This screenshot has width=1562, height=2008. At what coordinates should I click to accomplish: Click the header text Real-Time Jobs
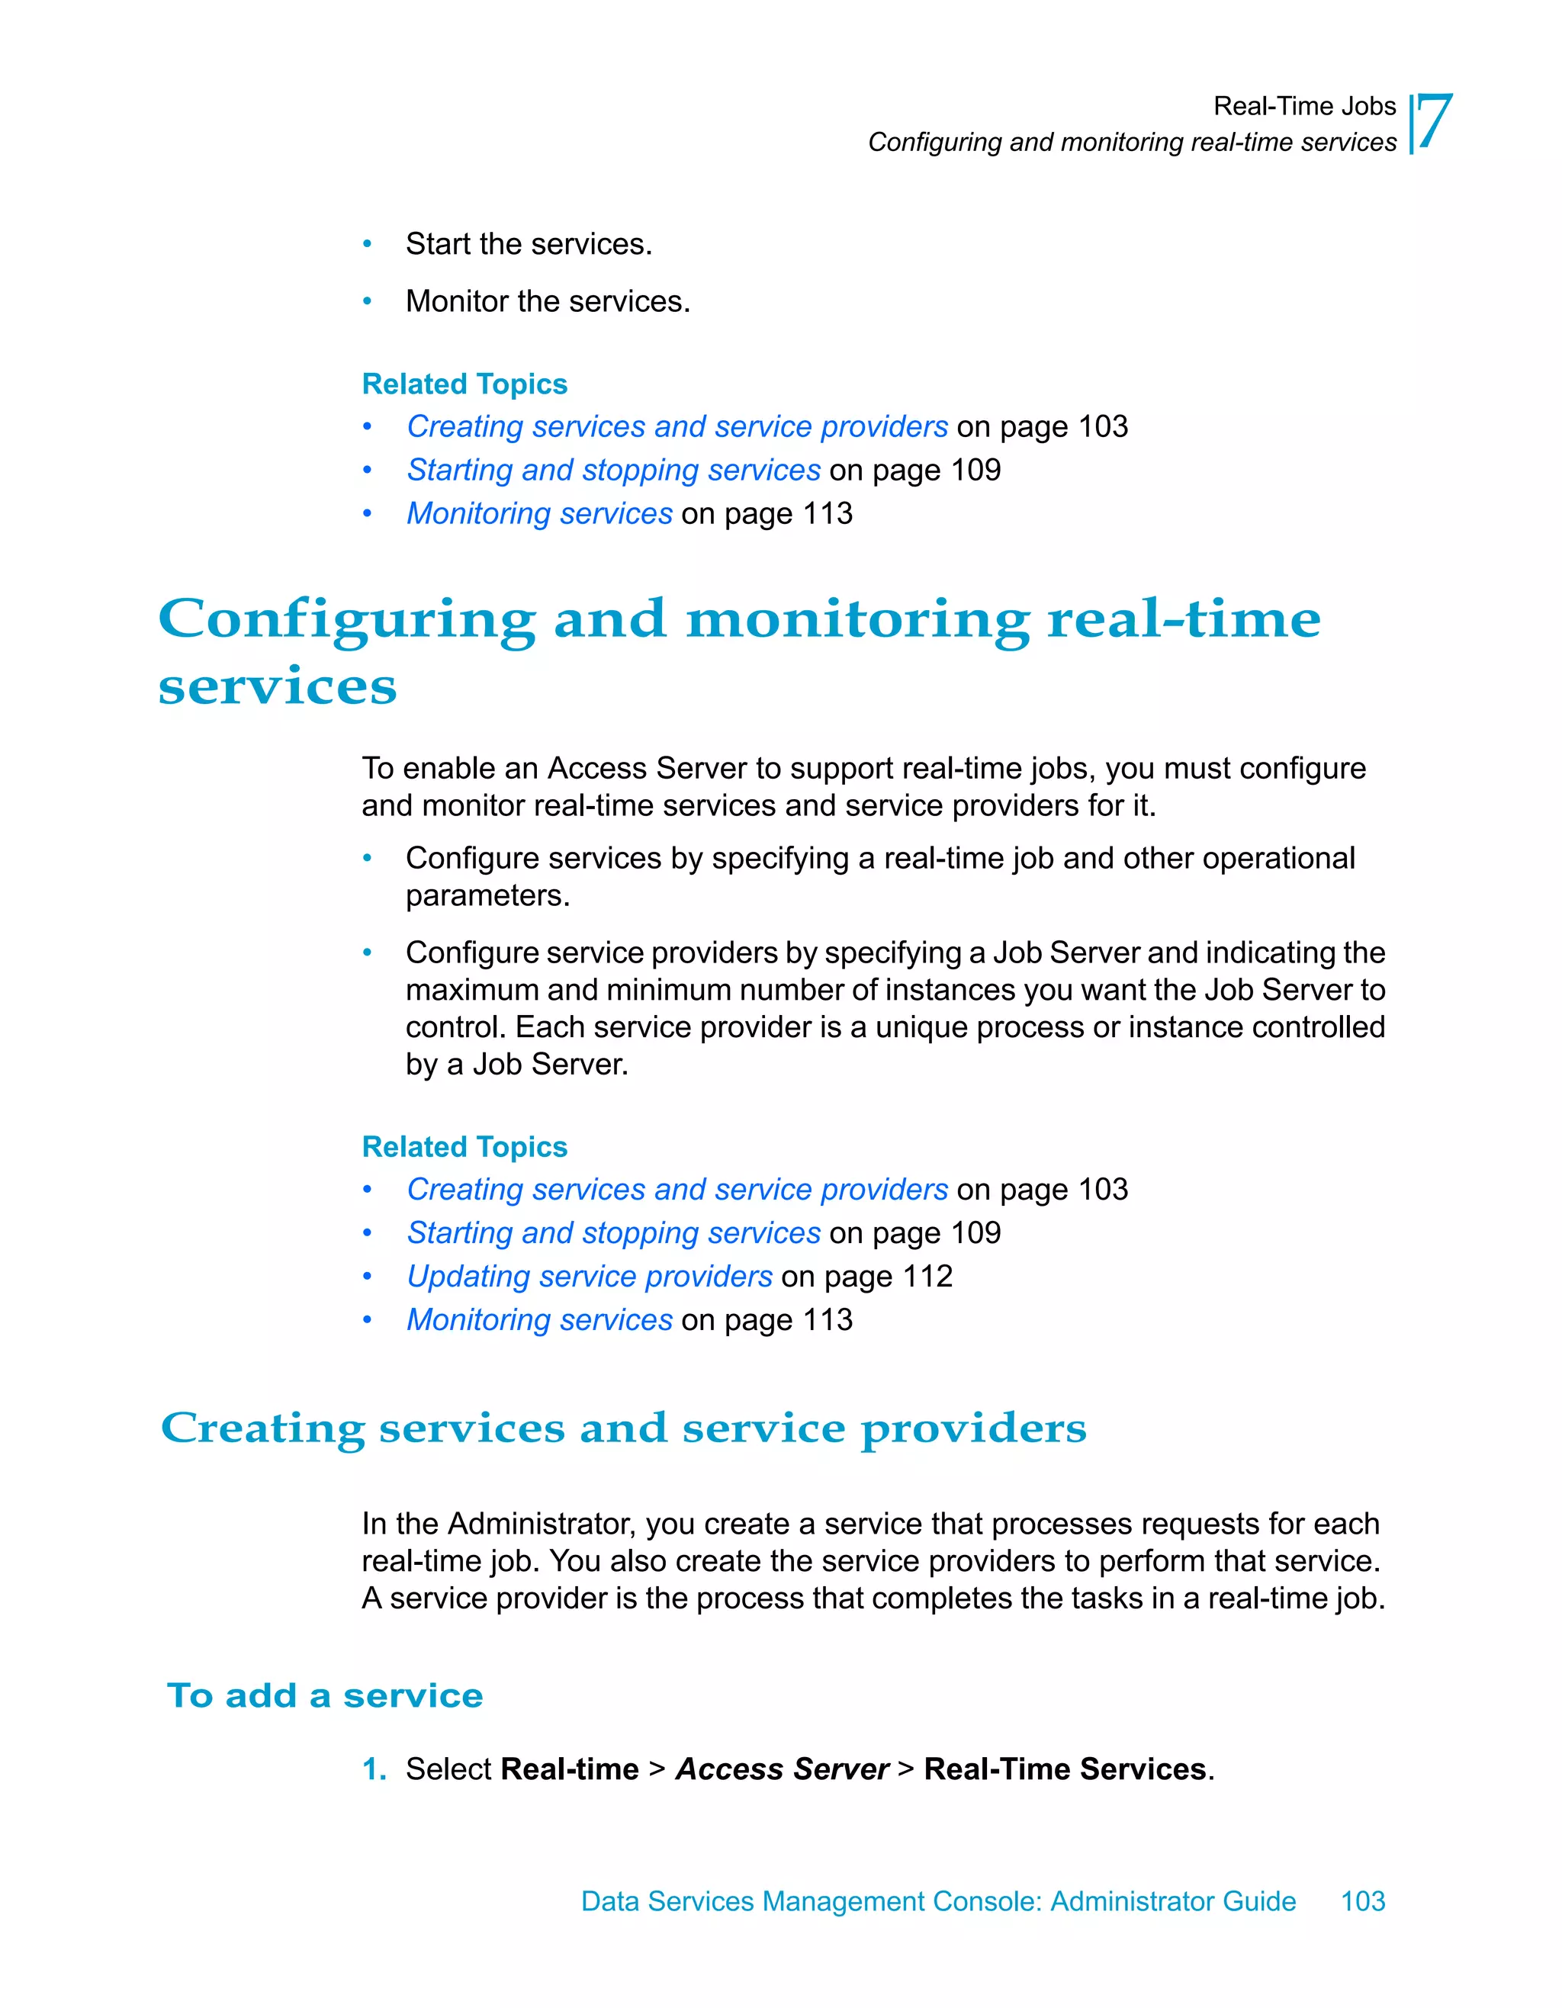(1303, 107)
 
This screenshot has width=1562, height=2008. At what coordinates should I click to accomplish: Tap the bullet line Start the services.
(529, 245)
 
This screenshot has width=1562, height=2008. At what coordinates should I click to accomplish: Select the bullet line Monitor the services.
(548, 301)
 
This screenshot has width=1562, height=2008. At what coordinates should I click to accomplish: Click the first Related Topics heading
(464, 384)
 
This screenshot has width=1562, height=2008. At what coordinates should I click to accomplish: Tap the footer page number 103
(1362, 1900)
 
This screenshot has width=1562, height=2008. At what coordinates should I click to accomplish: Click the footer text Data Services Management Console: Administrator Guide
(938, 1900)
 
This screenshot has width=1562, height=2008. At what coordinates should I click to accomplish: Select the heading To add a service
(325, 1695)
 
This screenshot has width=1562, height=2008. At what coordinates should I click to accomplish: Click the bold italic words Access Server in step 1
(783, 1769)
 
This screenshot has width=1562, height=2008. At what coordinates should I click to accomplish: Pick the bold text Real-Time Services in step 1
(1065, 1769)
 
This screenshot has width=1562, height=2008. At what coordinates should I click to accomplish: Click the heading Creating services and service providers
(623, 1428)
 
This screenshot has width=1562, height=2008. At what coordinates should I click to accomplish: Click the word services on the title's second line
(278, 687)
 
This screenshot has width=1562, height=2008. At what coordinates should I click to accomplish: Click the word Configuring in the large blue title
(346, 620)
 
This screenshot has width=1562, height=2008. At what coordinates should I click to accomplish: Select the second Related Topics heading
(464, 1148)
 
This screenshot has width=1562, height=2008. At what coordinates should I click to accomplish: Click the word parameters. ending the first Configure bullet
(487, 895)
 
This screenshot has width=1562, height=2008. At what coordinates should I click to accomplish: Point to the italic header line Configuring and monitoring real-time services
(1132, 143)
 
